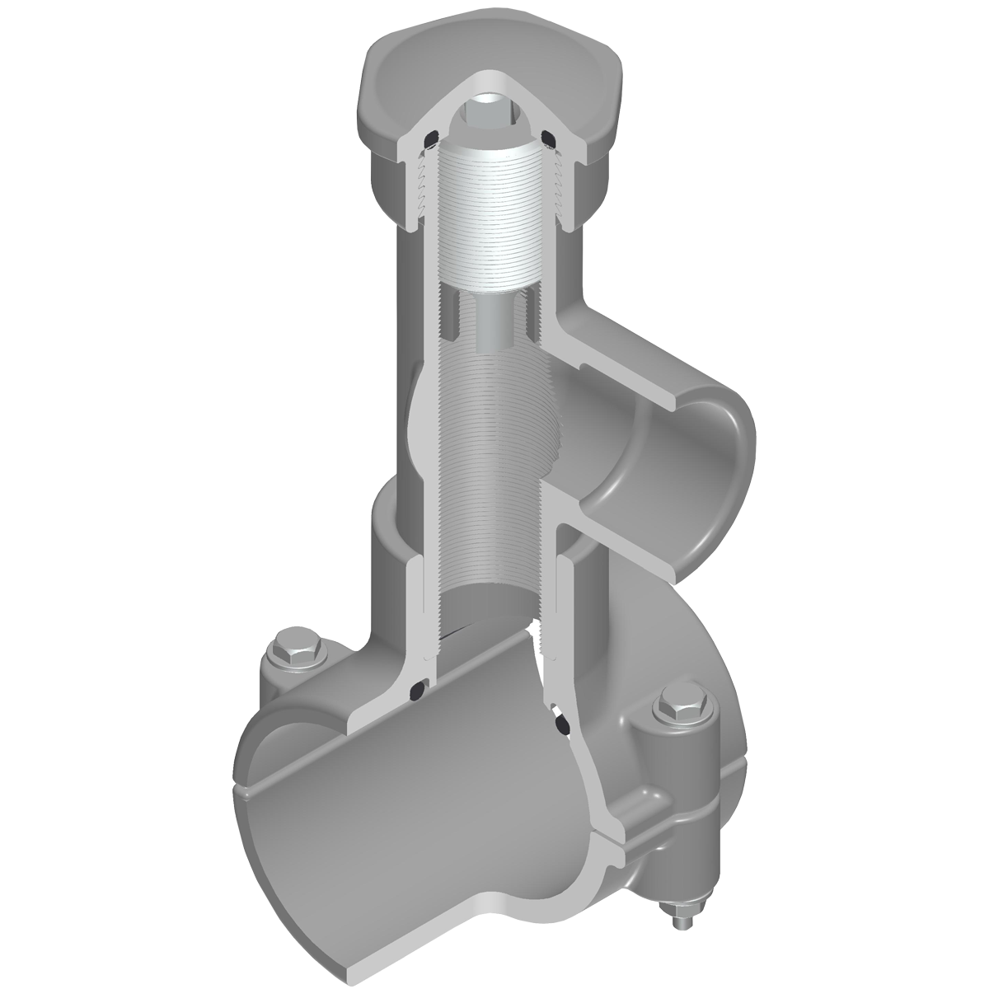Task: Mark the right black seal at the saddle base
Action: tap(561, 722)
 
